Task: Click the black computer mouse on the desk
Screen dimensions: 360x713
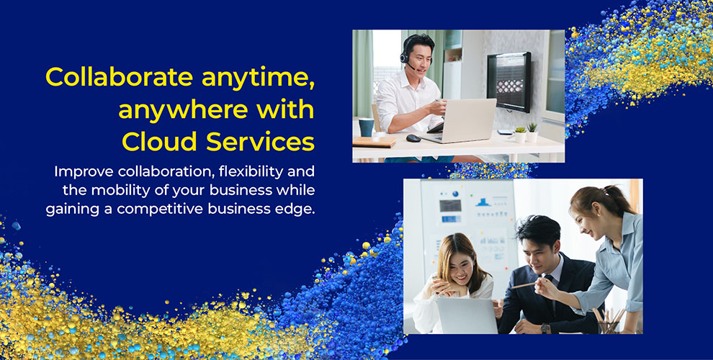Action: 413,138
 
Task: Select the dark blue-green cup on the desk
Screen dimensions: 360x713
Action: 367,127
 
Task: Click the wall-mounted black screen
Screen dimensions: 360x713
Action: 509,81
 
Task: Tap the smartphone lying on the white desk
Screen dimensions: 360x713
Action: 506,132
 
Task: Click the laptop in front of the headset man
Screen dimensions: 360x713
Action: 469,120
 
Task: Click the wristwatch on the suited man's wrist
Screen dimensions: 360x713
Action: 546,328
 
